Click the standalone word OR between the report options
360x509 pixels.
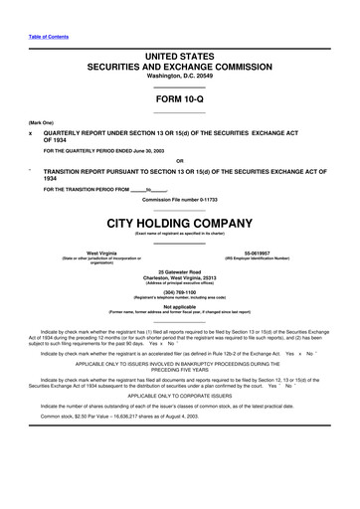click(x=179, y=162)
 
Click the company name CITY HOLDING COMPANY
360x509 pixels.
click(x=179, y=221)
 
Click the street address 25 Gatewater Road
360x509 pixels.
click(x=179, y=270)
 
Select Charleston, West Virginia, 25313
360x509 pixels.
click(x=179, y=276)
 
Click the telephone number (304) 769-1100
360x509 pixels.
click(x=179, y=291)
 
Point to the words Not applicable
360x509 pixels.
click(x=179, y=306)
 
